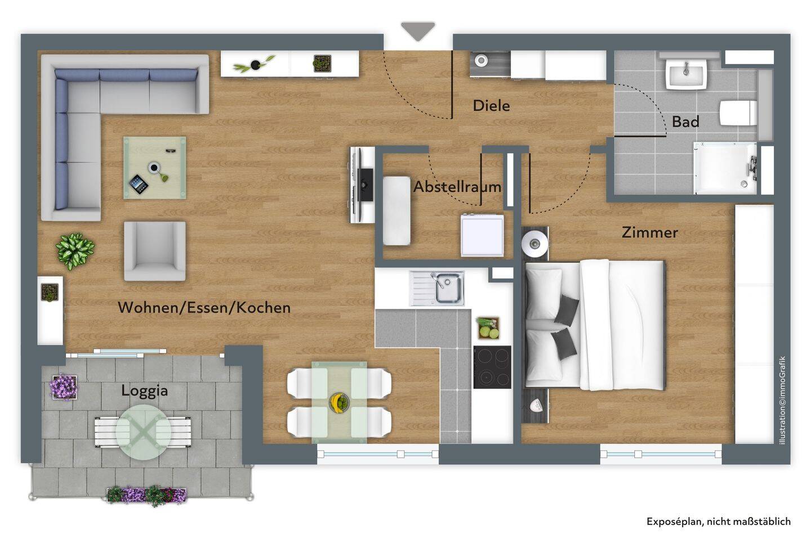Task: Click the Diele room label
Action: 491,106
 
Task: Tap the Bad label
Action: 685,122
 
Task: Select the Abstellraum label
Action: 458,187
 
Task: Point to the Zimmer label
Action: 649,232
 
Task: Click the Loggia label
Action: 144,391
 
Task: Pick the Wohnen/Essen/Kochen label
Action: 204,307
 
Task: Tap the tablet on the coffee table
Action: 139,184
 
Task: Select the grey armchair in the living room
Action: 154,251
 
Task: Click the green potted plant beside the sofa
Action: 75,251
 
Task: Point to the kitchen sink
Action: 437,288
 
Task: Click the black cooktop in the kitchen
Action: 492,367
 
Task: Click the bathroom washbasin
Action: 686,74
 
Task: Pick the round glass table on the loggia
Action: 144,432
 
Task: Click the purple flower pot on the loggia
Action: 64,387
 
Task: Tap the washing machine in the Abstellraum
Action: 482,236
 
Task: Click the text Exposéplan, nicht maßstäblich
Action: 719,522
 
